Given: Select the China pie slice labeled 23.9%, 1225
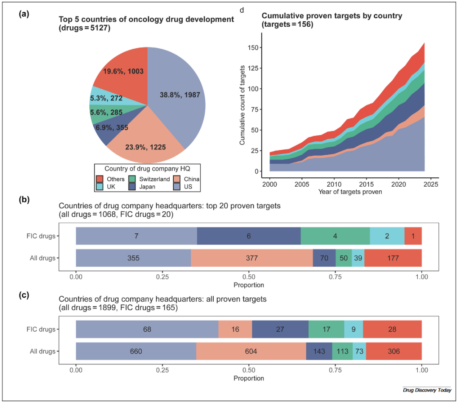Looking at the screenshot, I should coord(145,147).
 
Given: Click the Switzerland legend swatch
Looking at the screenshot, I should coord(132,179).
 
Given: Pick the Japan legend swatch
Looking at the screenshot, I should coord(132,186).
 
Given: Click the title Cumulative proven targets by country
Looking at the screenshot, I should coord(332,16).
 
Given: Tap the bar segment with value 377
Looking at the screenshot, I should coord(251,257).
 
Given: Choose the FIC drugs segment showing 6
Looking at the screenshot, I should coord(249,236).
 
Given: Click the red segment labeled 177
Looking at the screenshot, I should coord(393,257).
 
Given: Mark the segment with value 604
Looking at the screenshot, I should coord(251,351).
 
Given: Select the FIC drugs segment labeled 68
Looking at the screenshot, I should coord(147,329).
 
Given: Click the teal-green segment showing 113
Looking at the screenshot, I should coord(342,351).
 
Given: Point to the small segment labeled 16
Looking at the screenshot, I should coord(235,329).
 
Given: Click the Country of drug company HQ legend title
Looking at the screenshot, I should coord(147,168).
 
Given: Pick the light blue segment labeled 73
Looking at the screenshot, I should coord(359,351).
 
